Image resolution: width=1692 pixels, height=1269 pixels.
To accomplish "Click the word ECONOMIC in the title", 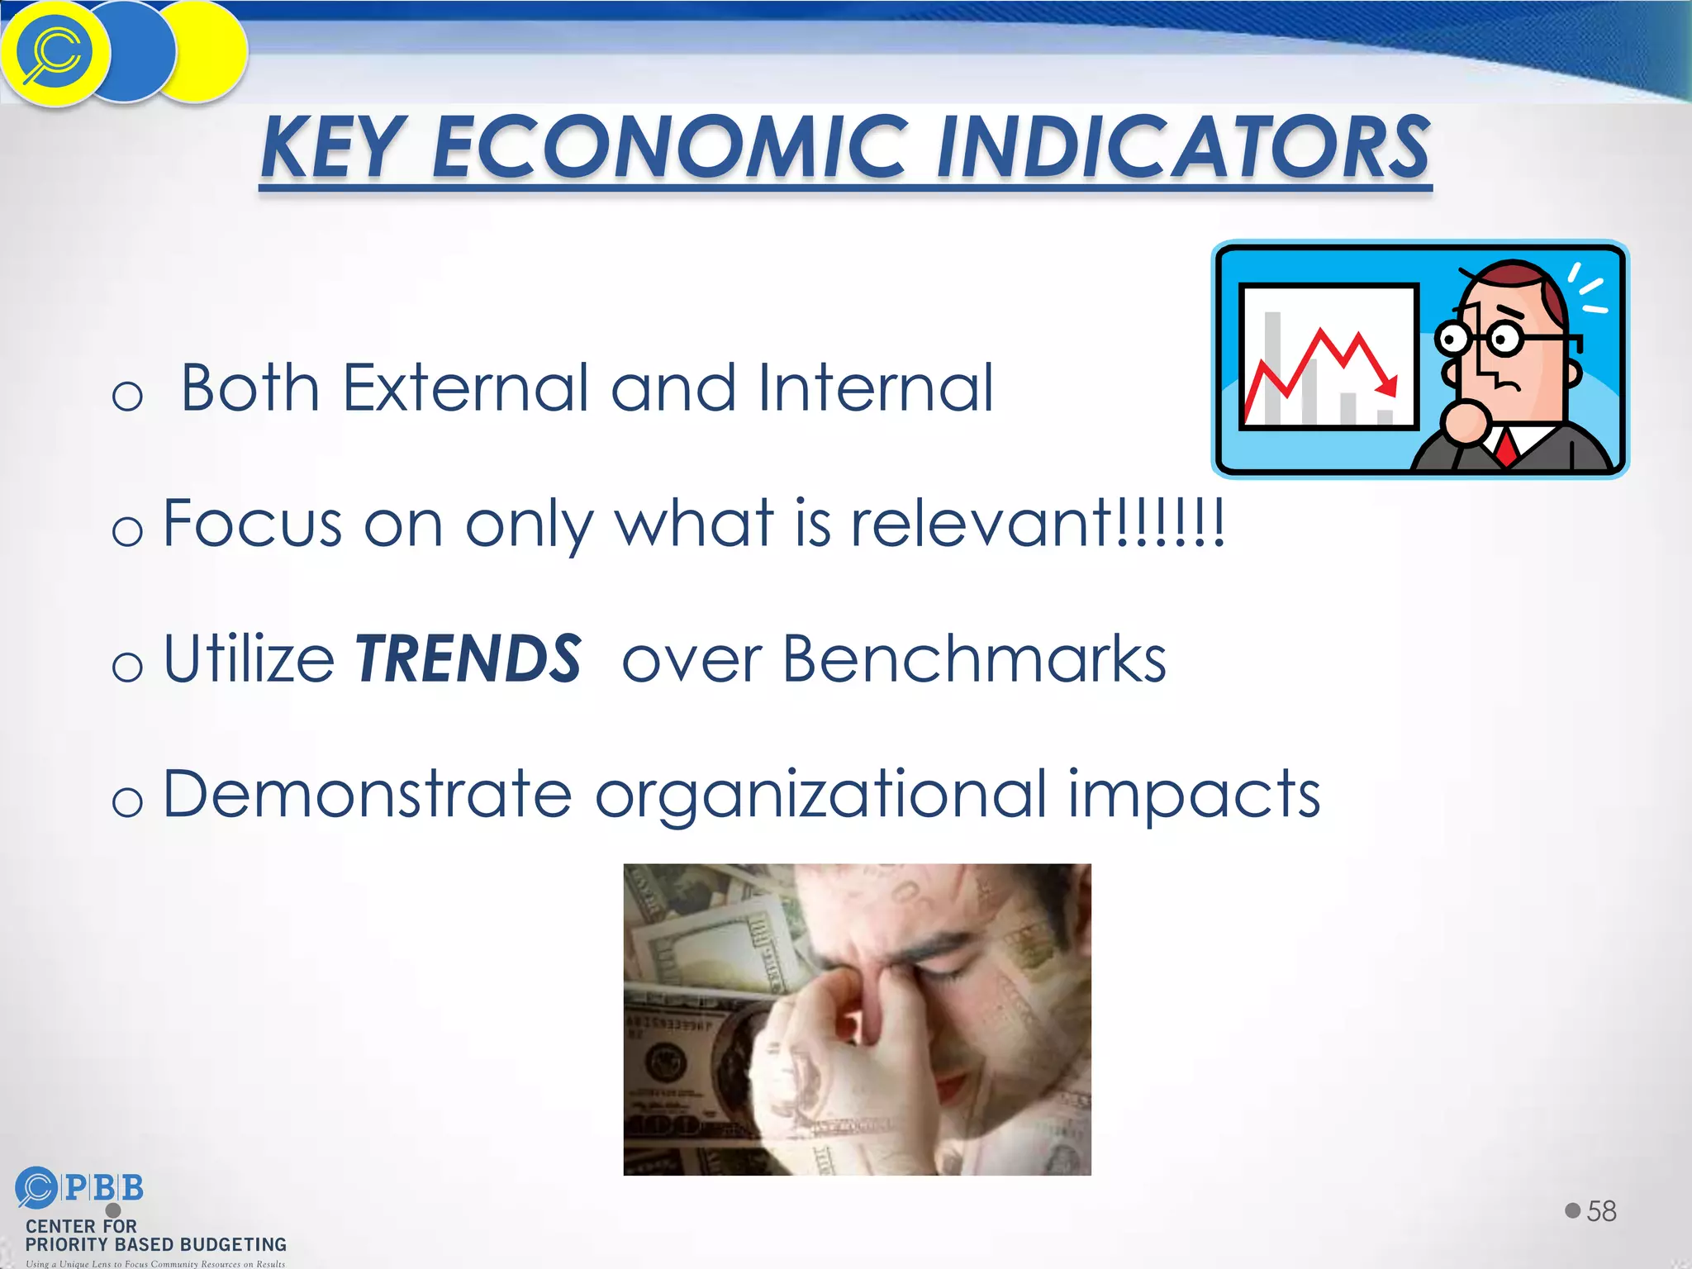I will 669,149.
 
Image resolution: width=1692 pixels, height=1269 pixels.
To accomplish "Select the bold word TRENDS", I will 468,659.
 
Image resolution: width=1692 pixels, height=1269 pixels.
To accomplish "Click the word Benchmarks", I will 974,659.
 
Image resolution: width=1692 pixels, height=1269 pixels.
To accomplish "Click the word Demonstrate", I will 367,795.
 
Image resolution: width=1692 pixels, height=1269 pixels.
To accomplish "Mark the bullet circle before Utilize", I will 127,666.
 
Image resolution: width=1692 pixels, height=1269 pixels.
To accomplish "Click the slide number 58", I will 1601,1211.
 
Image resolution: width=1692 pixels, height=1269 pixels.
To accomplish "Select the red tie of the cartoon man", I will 1505,447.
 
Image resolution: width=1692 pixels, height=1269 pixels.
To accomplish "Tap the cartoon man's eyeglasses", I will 1479,338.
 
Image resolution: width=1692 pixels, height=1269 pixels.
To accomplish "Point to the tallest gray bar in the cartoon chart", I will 1273,368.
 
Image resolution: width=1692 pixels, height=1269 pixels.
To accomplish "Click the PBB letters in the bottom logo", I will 103,1188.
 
